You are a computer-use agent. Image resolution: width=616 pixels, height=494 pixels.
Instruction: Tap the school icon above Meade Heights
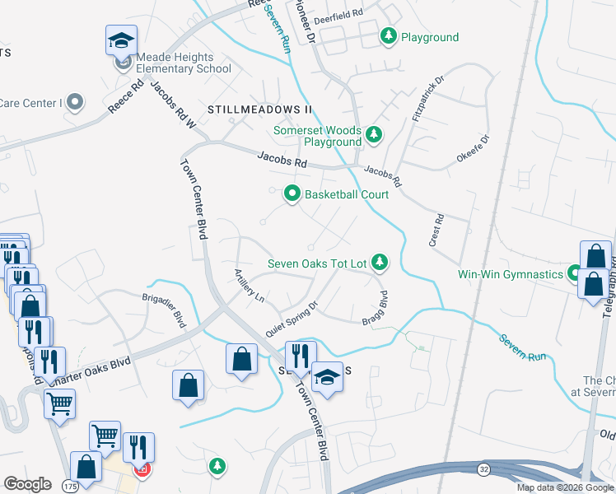(x=121, y=40)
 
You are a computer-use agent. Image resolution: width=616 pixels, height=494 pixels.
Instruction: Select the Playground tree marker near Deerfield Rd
(x=389, y=36)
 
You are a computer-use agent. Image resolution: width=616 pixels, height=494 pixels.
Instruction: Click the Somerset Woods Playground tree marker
(x=374, y=134)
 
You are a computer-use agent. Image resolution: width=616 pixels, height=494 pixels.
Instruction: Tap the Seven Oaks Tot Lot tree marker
(x=380, y=263)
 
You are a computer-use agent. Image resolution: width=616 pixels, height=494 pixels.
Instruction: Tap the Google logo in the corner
(x=28, y=483)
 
